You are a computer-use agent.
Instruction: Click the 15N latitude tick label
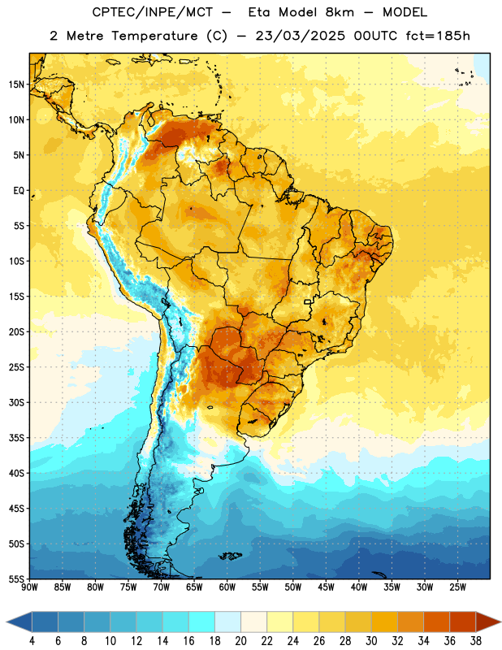click(16, 84)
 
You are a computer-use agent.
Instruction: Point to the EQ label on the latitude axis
click(19, 191)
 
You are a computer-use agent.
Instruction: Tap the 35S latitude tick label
click(16, 438)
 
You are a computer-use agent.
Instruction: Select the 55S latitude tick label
click(16, 578)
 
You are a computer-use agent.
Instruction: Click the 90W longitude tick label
click(29, 587)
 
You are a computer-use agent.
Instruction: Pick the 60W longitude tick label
click(227, 587)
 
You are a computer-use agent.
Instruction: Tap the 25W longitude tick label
click(457, 587)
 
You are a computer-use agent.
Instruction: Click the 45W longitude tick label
click(326, 587)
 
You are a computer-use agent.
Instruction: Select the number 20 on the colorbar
click(240, 641)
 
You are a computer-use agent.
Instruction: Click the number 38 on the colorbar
click(476, 641)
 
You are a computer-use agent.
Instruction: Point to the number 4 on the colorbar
click(32, 641)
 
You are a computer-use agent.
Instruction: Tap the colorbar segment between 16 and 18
click(201, 622)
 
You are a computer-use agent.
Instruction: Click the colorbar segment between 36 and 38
click(463, 622)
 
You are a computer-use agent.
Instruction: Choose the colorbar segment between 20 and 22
click(253, 622)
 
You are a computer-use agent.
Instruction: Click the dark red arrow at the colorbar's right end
click(488, 622)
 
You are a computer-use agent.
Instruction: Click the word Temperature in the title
click(154, 36)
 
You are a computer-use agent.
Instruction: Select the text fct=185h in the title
click(438, 36)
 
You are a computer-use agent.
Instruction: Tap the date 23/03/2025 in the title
click(300, 36)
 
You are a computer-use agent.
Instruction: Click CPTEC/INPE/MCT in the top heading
click(152, 12)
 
